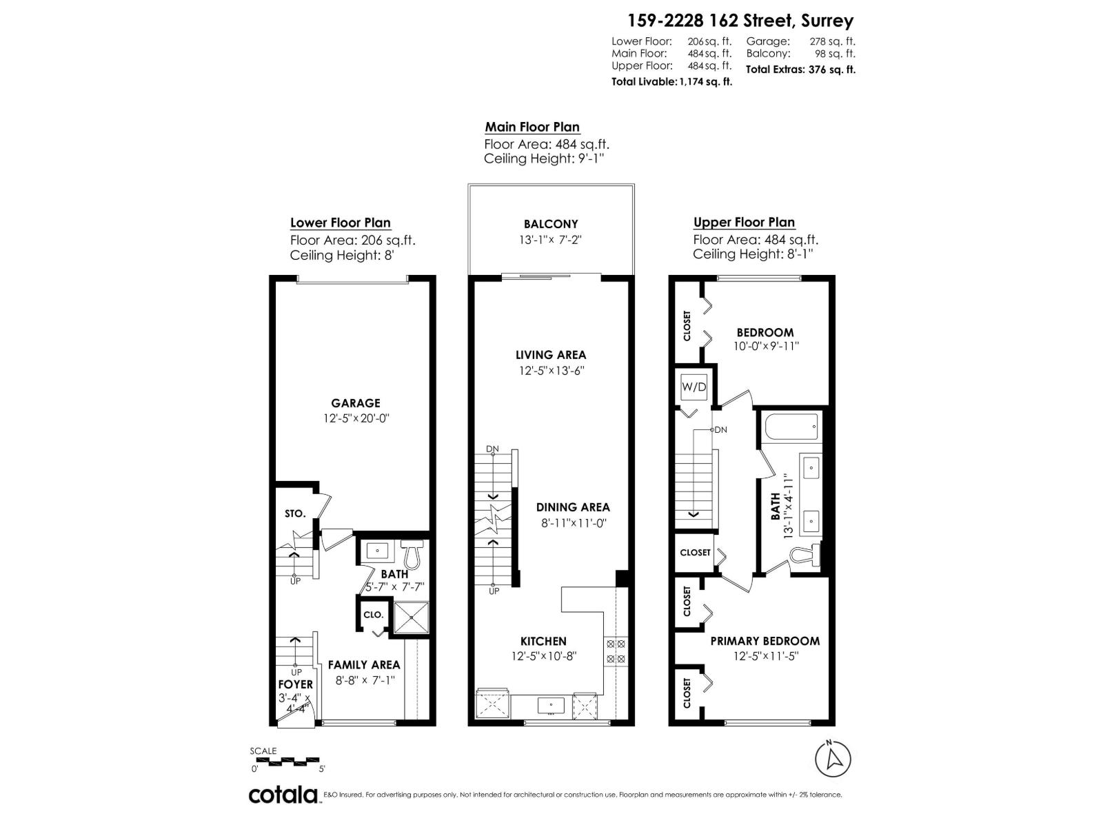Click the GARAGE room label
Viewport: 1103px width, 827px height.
[x=355, y=403]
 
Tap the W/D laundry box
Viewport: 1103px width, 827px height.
[x=694, y=387]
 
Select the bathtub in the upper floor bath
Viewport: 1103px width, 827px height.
[x=791, y=426]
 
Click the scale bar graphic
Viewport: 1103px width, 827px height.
[x=287, y=762]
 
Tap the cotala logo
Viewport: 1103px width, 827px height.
[x=283, y=795]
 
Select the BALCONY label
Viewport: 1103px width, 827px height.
[x=550, y=224]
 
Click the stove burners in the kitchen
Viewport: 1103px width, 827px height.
[x=615, y=651]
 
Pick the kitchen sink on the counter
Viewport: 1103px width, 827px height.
[x=551, y=705]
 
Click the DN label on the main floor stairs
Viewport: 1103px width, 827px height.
[x=492, y=449]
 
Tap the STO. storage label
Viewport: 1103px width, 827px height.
[x=295, y=513]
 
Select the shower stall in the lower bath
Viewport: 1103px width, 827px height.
[x=412, y=616]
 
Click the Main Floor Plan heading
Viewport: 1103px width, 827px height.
[x=532, y=127]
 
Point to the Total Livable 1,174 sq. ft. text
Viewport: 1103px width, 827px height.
[x=671, y=81]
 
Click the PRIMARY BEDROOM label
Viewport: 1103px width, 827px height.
[x=765, y=641]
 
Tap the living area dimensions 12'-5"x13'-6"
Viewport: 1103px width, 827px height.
[x=551, y=371]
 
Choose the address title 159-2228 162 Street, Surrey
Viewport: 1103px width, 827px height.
[x=740, y=21]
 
